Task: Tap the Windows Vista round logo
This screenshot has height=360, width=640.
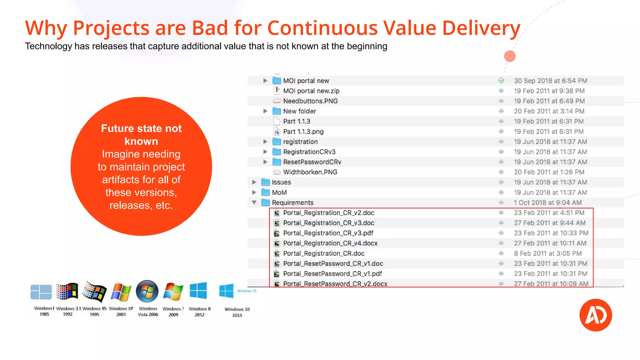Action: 147,291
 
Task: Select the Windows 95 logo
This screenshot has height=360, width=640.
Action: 94,292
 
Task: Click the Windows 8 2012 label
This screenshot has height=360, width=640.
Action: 199,312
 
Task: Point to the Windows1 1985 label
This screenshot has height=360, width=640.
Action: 44,311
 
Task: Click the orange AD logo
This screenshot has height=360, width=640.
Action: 596,315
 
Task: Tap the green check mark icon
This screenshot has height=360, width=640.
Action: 501,81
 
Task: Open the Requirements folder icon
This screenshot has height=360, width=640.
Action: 266,202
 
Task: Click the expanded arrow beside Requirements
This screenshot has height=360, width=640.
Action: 254,202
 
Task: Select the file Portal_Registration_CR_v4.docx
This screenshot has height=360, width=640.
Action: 330,243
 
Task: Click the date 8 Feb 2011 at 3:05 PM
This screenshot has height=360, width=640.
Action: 547,253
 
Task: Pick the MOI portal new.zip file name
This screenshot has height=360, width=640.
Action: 311,91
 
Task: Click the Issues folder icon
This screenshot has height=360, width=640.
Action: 266,182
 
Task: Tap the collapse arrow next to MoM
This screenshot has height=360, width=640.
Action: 254,192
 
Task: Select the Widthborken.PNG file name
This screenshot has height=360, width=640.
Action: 310,172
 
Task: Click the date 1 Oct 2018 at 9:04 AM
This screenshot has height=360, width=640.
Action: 547,202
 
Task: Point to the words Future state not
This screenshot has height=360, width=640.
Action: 141,128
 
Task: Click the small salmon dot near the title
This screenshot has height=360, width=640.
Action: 510,56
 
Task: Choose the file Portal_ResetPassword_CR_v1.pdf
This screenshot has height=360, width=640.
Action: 332,274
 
